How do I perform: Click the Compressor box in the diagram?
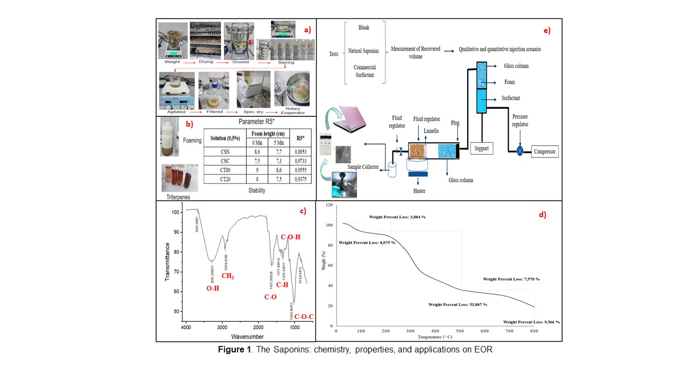coord(544,151)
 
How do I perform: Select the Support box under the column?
coord(482,148)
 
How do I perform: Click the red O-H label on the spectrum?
coord(213,288)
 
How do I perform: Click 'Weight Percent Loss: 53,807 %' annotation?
coord(458,304)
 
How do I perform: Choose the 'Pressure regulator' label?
coord(519,120)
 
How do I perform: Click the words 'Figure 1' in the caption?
coord(234,350)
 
